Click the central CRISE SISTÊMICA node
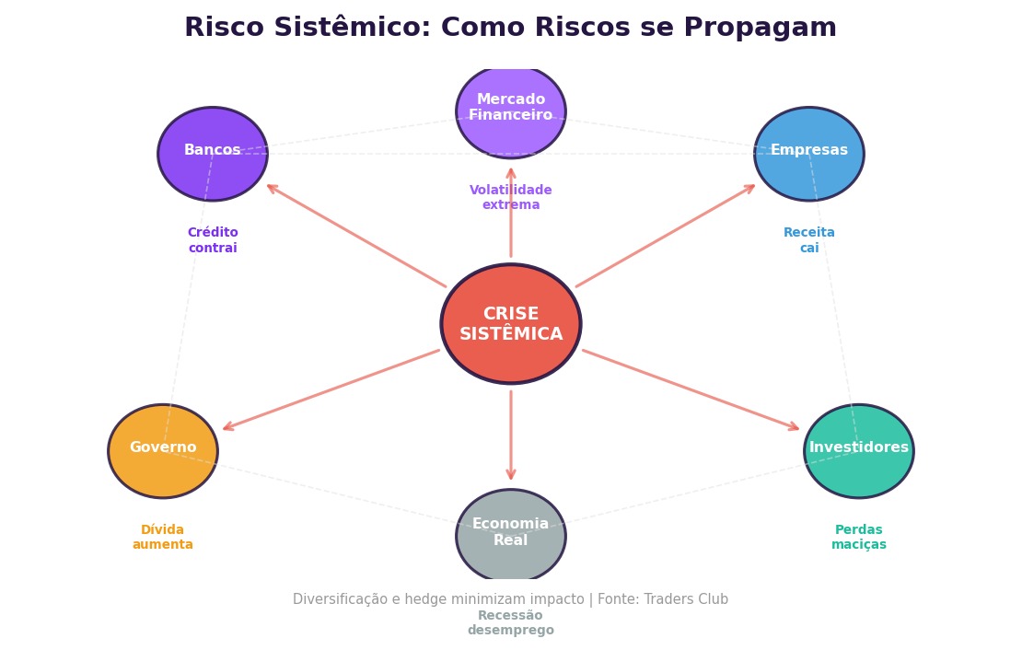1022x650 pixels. [511, 324]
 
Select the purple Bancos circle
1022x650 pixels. [213, 154]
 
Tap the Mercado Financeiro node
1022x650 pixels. [511, 110]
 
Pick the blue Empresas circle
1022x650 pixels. [809, 154]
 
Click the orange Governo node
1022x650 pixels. [163, 451]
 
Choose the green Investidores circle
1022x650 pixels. [859, 451]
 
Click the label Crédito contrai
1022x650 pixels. [213, 240]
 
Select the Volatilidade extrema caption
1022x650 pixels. [511, 197]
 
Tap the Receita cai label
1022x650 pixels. [809, 240]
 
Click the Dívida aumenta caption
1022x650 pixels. [163, 538]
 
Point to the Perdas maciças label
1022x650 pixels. [859, 538]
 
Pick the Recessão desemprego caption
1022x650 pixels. [511, 623]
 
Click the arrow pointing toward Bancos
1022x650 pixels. [355, 236]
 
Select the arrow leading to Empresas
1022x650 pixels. [666, 236]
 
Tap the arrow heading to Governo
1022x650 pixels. [331, 389]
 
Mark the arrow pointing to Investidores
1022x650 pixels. [691, 389]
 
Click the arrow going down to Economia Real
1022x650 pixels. [511, 435]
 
